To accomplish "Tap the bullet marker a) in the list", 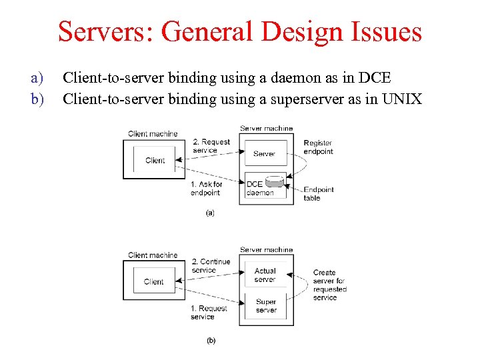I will (37, 79).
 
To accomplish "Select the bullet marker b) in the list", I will (37, 99).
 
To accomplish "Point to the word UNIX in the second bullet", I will (401, 99).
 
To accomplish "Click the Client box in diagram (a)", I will (154, 160).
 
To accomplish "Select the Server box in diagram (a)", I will (265, 153).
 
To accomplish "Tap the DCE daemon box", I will (259, 188).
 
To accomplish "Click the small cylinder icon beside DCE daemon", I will (273, 182).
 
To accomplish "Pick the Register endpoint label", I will (318, 147).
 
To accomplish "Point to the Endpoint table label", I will (318, 193).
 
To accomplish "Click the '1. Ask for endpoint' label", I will (206, 189).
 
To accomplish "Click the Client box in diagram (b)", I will (153, 281).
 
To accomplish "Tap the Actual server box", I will (265, 275).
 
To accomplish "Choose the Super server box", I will (265, 306).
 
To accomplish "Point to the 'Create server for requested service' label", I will (329, 285).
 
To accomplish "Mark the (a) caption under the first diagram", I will (210, 213).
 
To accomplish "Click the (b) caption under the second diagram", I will (211, 341).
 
